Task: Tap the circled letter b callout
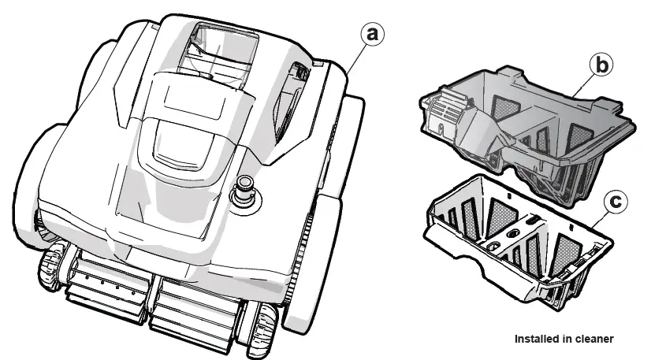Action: click(601, 66)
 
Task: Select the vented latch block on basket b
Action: click(442, 111)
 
